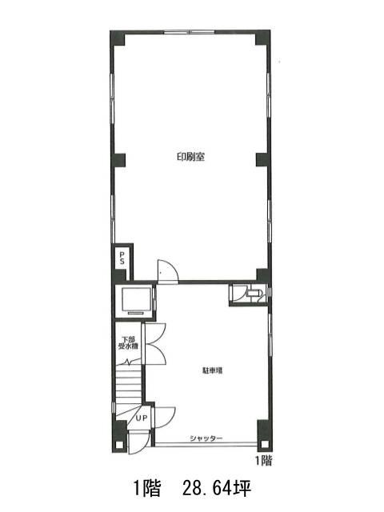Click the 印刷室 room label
click(x=190, y=157)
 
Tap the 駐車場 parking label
click(x=213, y=370)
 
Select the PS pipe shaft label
click(x=122, y=258)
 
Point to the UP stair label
click(x=142, y=418)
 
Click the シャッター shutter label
click(x=206, y=438)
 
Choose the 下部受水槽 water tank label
click(x=128, y=343)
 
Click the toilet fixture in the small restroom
click(x=254, y=293)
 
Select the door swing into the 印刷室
click(x=168, y=270)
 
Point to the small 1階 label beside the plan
click(x=263, y=461)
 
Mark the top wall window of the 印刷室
click(x=189, y=32)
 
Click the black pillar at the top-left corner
click(x=118, y=38)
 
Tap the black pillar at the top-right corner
click(x=263, y=38)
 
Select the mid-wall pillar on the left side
click(x=118, y=160)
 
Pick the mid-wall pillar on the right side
click(x=263, y=160)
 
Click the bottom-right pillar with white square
click(x=264, y=436)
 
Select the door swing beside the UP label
click(x=165, y=418)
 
